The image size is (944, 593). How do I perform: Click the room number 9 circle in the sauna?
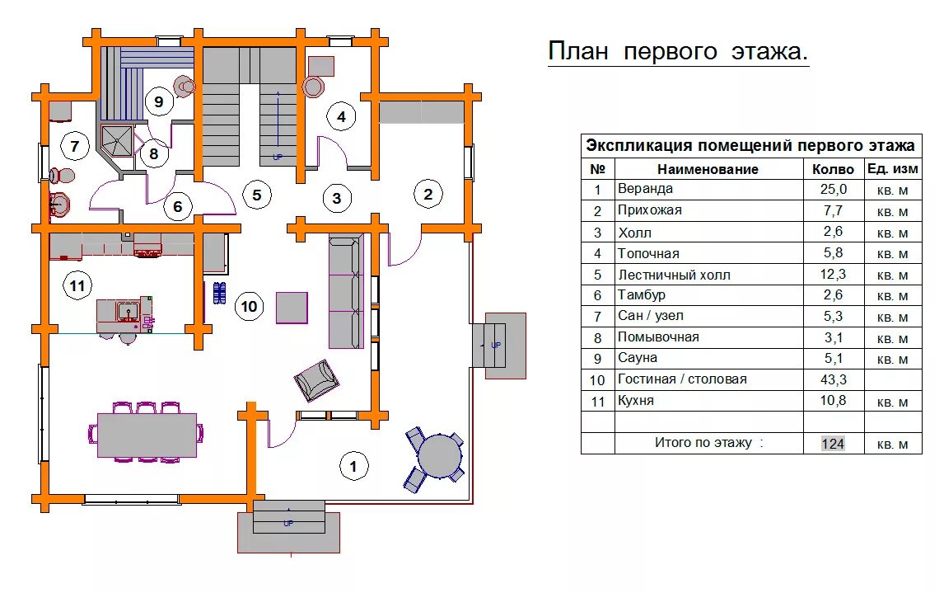pos(159,101)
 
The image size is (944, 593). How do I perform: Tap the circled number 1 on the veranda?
pos(353,467)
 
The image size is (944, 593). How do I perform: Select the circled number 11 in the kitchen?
pos(77,286)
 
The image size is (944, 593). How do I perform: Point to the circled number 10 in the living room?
pos(249,307)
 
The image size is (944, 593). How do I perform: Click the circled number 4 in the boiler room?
pos(341,116)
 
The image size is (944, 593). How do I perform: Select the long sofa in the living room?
pos(346,290)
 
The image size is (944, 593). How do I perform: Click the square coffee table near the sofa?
pos(292,308)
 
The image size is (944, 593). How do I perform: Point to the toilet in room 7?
pos(61,175)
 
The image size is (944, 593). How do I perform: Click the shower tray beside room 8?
pos(116,139)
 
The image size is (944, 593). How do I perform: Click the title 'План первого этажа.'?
pos(678,52)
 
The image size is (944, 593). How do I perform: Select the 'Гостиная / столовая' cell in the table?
pos(682,379)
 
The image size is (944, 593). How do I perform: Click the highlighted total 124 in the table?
pos(833,444)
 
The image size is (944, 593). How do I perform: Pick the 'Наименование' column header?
pos(708,169)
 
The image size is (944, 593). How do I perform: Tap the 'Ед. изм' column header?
pos(892,169)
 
